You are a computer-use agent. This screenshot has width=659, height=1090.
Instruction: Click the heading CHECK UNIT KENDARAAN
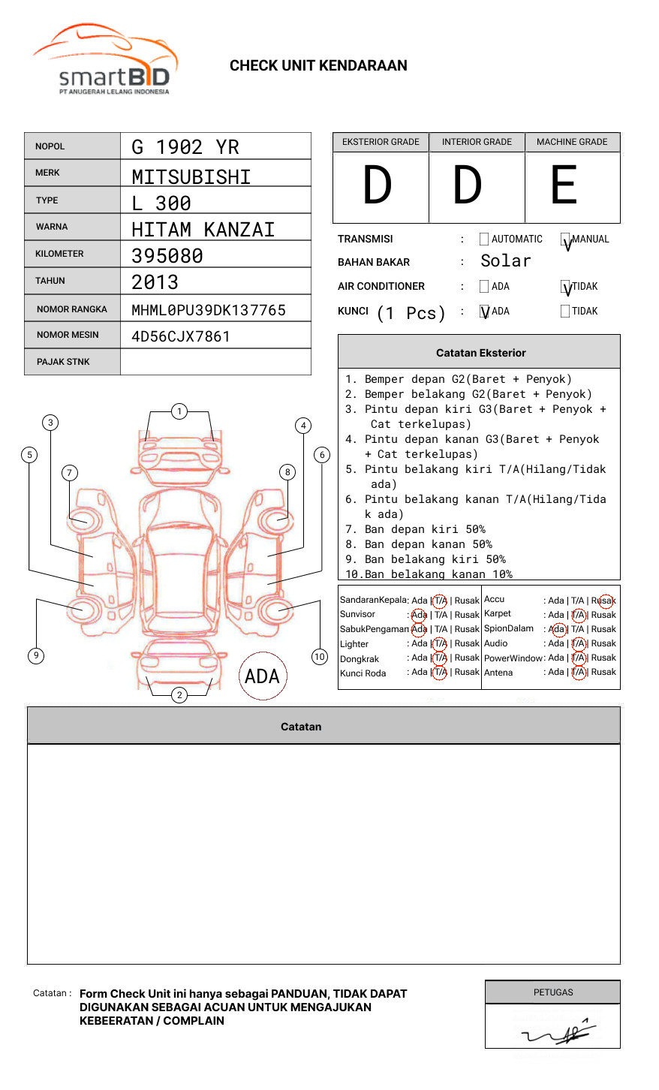coord(318,66)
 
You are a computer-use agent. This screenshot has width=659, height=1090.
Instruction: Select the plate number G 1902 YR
coord(185,147)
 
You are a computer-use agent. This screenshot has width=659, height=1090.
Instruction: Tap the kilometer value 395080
coord(167,256)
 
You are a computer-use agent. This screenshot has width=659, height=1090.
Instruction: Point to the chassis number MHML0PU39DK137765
coord(209,310)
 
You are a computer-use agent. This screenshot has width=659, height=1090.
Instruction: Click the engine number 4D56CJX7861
coord(181,336)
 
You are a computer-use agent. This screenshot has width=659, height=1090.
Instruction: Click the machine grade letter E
coord(564,185)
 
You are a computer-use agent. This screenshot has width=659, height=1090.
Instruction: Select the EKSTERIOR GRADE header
coord(381,142)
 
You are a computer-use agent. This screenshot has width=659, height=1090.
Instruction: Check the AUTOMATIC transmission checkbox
coord(484,239)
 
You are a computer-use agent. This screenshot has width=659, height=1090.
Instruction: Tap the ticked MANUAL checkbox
coord(565,240)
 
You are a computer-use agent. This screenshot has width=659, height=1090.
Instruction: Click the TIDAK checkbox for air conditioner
coord(565,287)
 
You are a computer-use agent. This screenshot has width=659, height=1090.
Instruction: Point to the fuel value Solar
coord(506,261)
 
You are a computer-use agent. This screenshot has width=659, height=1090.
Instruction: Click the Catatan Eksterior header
coord(480,353)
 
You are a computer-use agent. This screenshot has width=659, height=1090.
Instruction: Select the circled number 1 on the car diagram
coord(179,411)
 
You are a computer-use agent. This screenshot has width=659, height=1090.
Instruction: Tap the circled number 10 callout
coord(320,657)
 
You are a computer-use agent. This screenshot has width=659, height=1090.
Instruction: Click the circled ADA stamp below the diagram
coord(262,676)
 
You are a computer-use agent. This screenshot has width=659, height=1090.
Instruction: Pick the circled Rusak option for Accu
coord(604,601)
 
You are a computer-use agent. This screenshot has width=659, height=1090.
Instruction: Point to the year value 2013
coord(155,282)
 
